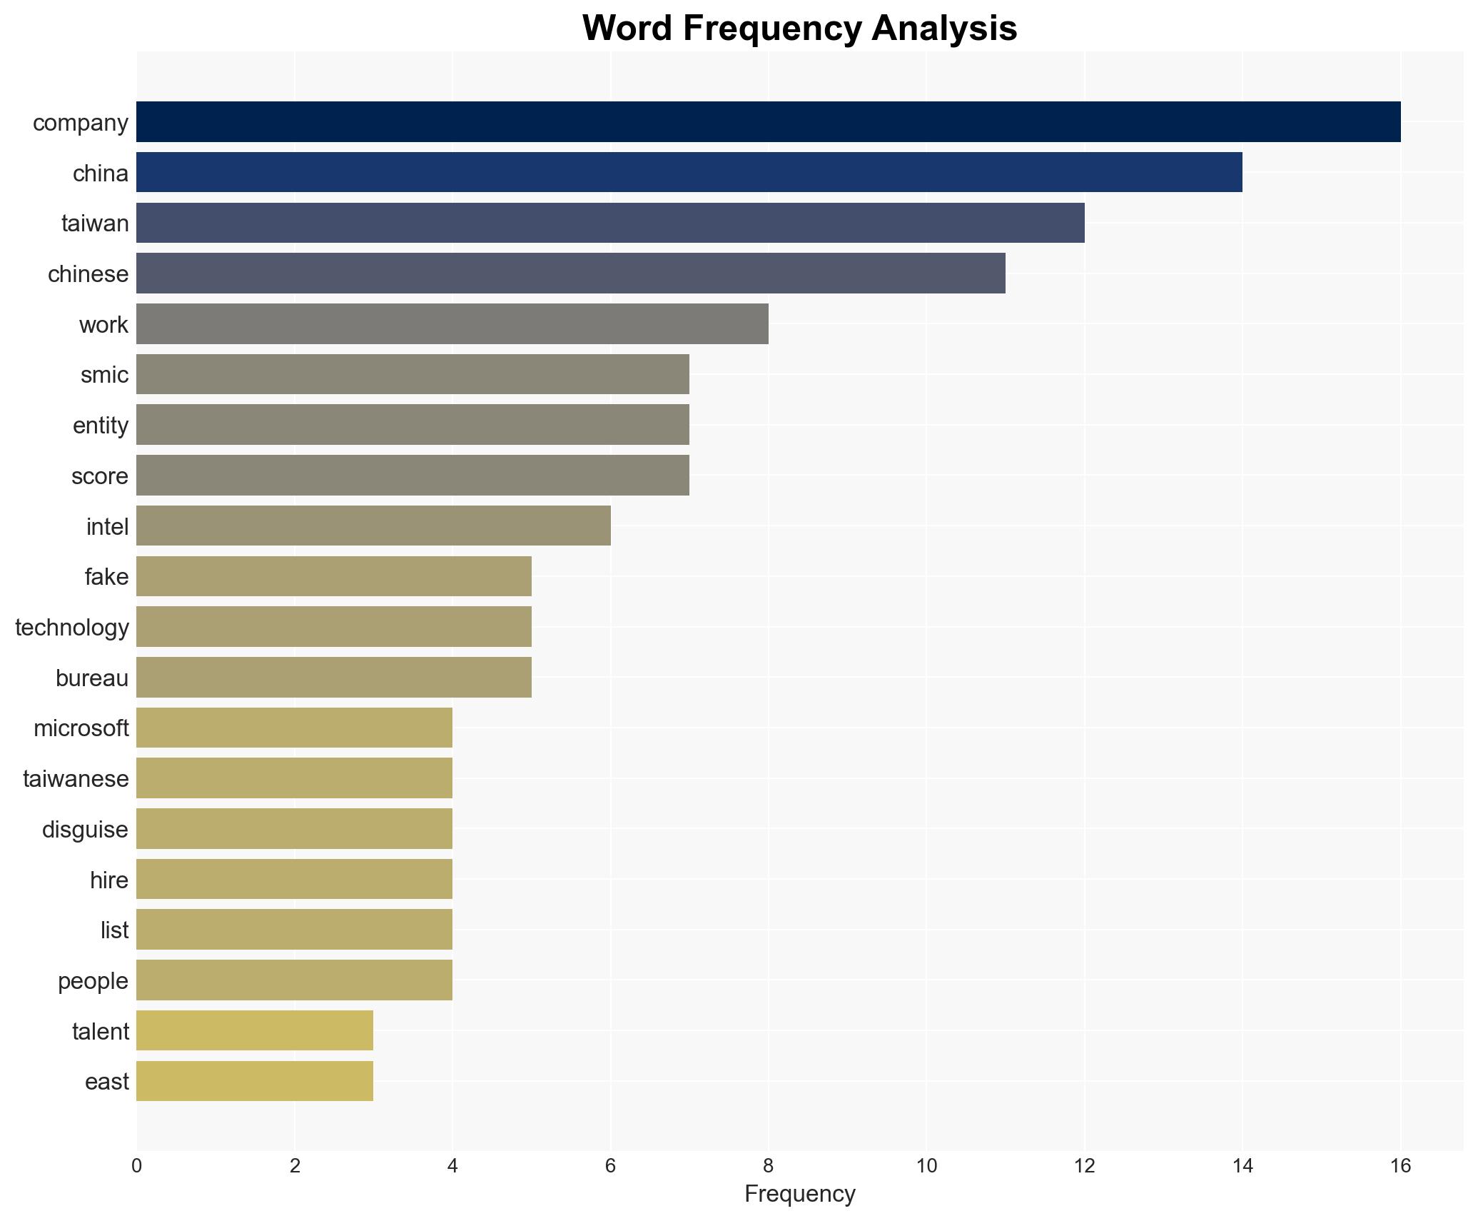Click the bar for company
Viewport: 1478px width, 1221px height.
[x=768, y=122]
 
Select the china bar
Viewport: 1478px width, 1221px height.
[x=689, y=172]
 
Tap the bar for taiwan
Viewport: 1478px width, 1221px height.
[x=610, y=223]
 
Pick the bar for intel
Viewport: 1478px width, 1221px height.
[x=373, y=526]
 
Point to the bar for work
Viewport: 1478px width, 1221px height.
[x=452, y=323]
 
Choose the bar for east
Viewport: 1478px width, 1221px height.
[x=255, y=1081]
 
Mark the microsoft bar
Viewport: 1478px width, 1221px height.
[x=294, y=728]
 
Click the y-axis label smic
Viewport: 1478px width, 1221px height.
[x=104, y=375]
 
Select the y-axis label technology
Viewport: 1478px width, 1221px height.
[x=72, y=628]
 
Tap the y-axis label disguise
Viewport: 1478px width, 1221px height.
[x=85, y=830]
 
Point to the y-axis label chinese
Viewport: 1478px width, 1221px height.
[x=88, y=274]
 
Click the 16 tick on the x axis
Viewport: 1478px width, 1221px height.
[x=1400, y=1166]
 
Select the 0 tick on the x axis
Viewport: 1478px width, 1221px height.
[x=136, y=1166]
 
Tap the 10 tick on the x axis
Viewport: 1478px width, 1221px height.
[x=926, y=1166]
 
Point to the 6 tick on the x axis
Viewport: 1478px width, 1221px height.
[x=610, y=1166]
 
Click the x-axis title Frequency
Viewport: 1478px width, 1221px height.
[x=799, y=1194]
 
